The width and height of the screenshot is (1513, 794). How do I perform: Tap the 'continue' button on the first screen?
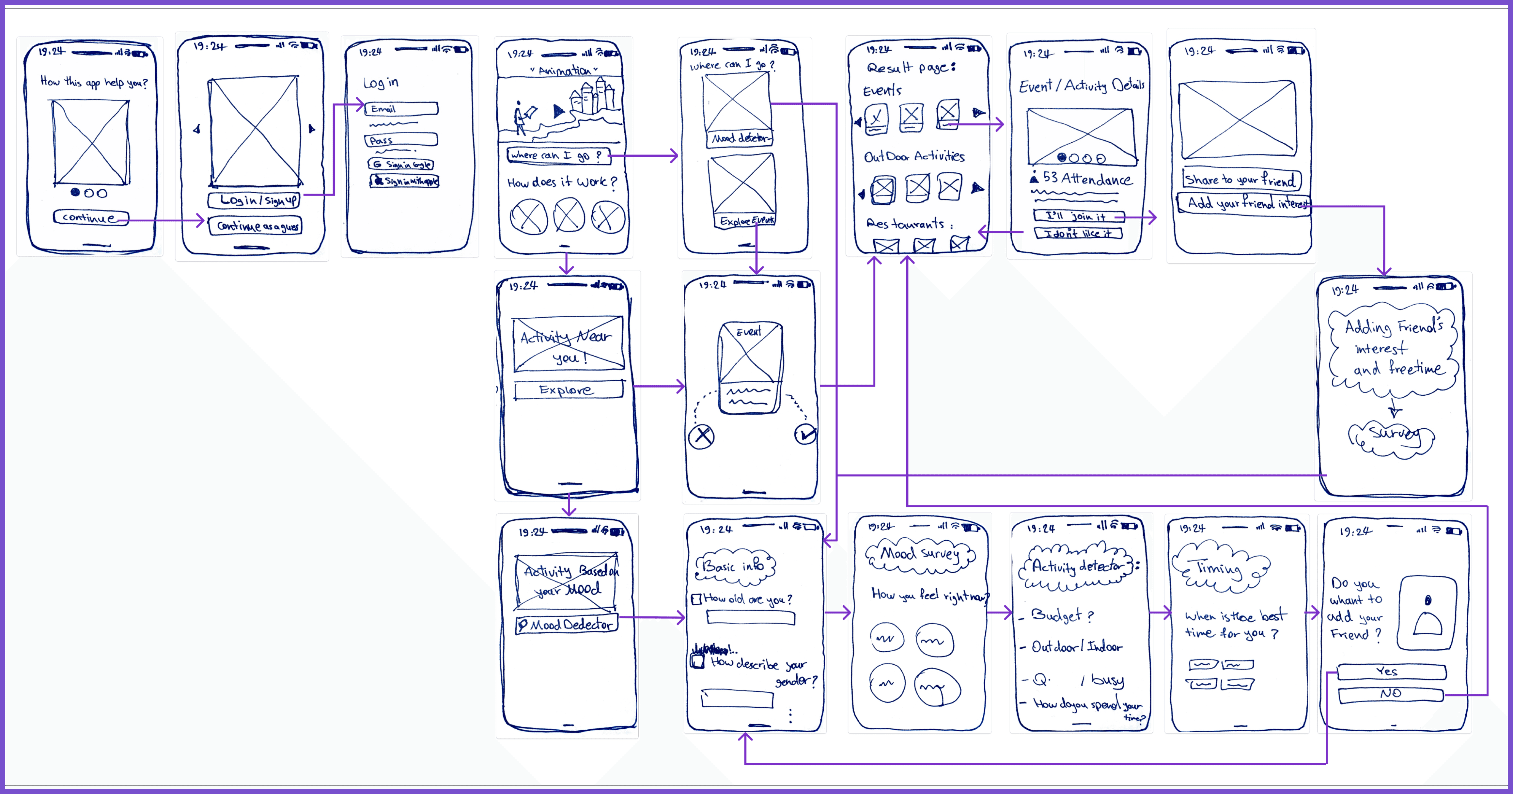pos(90,217)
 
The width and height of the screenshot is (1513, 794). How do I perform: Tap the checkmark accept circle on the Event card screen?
pos(805,434)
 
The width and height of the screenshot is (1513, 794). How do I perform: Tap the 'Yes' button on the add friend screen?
pos(1391,671)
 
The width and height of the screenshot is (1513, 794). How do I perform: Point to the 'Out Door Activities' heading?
pos(914,156)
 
